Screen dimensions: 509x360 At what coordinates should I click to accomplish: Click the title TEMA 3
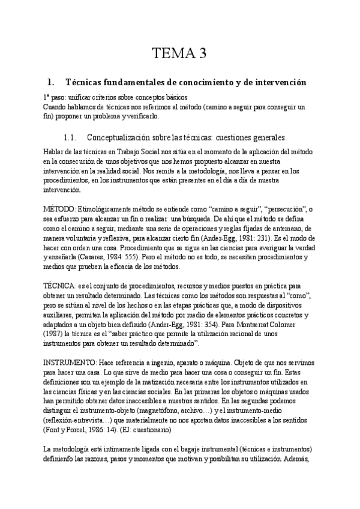coord(179,55)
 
